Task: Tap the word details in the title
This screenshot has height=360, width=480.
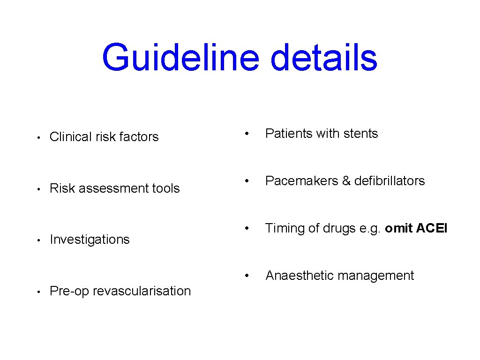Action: pyautogui.click(x=324, y=58)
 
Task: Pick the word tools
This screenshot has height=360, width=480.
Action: pyautogui.click(x=166, y=188)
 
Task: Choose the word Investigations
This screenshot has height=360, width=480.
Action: pyautogui.click(x=90, y=240)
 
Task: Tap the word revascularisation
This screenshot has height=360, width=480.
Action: pyautogui.click(x=142, y=291)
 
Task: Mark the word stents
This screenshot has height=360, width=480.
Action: pyautogui.click(x=360, y=134)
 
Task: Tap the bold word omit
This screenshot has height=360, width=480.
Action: pyautogui.click(x=398, y=228)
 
